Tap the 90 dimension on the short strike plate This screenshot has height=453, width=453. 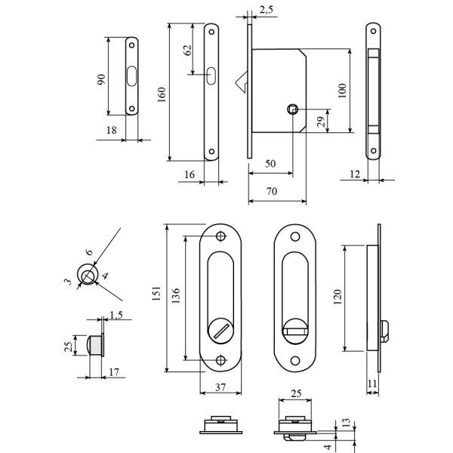click(101, 79)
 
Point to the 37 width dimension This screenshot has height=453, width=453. click(220, 387)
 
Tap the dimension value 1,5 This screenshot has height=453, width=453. click(116, 315)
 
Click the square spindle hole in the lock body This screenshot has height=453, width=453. click(292, 109)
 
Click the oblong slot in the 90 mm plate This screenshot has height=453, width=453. click(133, 76)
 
